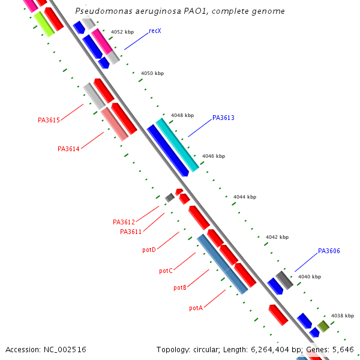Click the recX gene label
(x=155, y=31)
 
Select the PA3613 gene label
(x=223, y=118)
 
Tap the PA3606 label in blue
(x=329, y=251)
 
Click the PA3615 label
(x=49, y=120)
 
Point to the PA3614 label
(x=68, y=149)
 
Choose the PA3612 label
(x=124, y=222)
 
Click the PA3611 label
(x=131, y=232)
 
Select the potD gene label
(x=149, y=250)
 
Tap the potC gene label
(x=166, y=271)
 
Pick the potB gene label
(x=180, y=288)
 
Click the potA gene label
(x=196, y=308)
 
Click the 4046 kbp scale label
(x=213, y=156)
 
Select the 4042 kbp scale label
(x=277, y=237)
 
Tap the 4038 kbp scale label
(x=342, y=316)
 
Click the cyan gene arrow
(x=177, y=144)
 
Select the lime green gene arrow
(x=44, y=23)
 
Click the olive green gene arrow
(x=323, y=326)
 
